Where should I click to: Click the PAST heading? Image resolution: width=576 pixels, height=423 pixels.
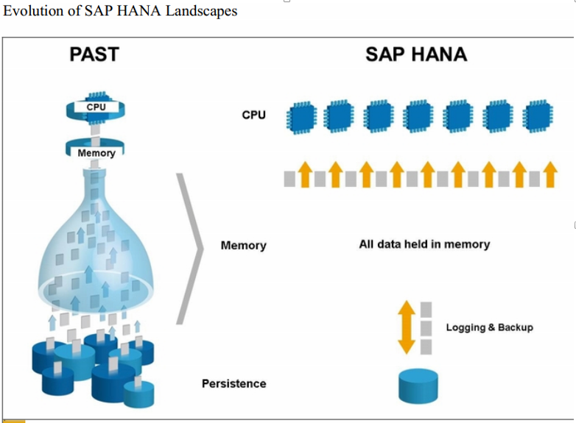coord(94,54)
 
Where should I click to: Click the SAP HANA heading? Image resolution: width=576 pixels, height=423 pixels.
coord(415,54)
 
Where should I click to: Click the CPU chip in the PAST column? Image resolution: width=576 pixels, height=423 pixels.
coord(96,107)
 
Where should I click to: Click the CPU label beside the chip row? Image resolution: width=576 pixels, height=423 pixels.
coord(254,115)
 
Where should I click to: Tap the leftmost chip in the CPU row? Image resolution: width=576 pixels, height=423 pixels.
coord(303,116)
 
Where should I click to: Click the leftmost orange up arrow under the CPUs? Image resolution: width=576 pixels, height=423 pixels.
coord(304,175)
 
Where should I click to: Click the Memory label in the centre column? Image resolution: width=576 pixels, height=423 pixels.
coord(243,245)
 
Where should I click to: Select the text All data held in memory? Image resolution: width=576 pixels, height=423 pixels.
coord(424,244)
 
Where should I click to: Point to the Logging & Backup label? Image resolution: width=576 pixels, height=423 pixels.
coord(488,327)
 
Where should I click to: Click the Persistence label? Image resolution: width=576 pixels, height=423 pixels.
coord(233,383)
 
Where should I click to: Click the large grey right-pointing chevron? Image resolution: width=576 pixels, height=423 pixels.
coord(191,248)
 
